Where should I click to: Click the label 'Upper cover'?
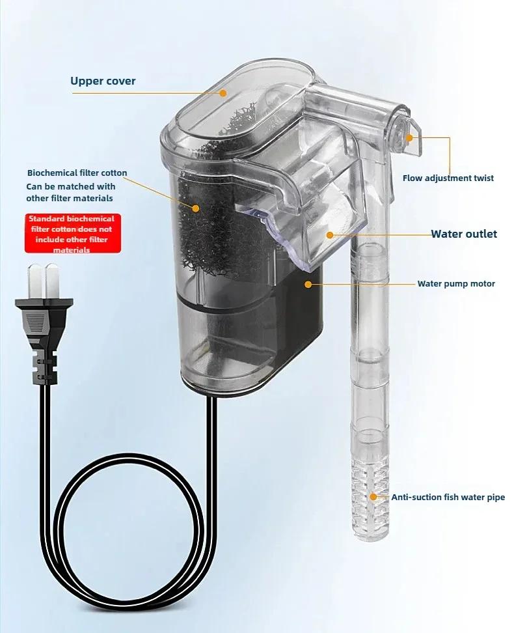103,81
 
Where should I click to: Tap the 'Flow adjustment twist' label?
448,178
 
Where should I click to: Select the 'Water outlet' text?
464,234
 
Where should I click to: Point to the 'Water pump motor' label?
456,284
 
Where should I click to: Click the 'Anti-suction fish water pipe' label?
448,498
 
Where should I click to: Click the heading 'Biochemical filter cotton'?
77,173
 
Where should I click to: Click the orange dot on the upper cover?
223,93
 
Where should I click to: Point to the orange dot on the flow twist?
410,137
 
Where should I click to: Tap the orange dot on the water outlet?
330,234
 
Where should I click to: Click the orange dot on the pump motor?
307,284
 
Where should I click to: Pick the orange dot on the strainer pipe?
373,497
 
